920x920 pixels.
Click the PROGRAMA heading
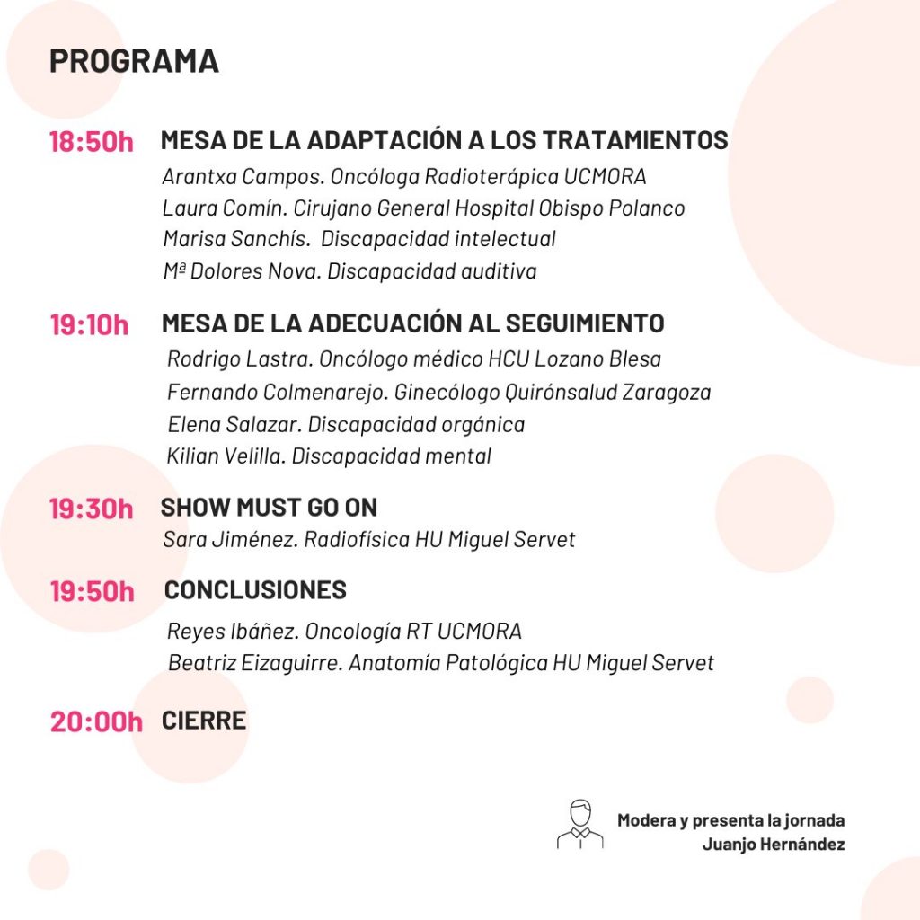click(x=134, y=61)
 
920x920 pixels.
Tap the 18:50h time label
click(x=92, y=142)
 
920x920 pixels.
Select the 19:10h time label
click(x=90, y=324)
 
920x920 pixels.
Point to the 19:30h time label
click(x=92, y=509)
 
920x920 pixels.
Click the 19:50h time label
click(x=92, y=592)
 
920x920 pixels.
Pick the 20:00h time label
click(x=96, y=721)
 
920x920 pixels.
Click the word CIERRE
click(x=204, y=721)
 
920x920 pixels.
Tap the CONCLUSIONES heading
click(x=255, y=590)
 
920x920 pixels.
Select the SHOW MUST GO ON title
click(x=269, y=507)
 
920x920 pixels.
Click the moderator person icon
click(x=580, y=824)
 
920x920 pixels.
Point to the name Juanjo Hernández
click(x=774, y=845)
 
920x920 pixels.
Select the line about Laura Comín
click(x=423, y=208)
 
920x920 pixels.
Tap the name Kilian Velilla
click(x=226, y=456)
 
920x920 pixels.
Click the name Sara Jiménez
click(x=230, y=540)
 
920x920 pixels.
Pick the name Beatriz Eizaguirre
click(x=254, y=663)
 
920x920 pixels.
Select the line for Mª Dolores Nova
click(x=349, y=271)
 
